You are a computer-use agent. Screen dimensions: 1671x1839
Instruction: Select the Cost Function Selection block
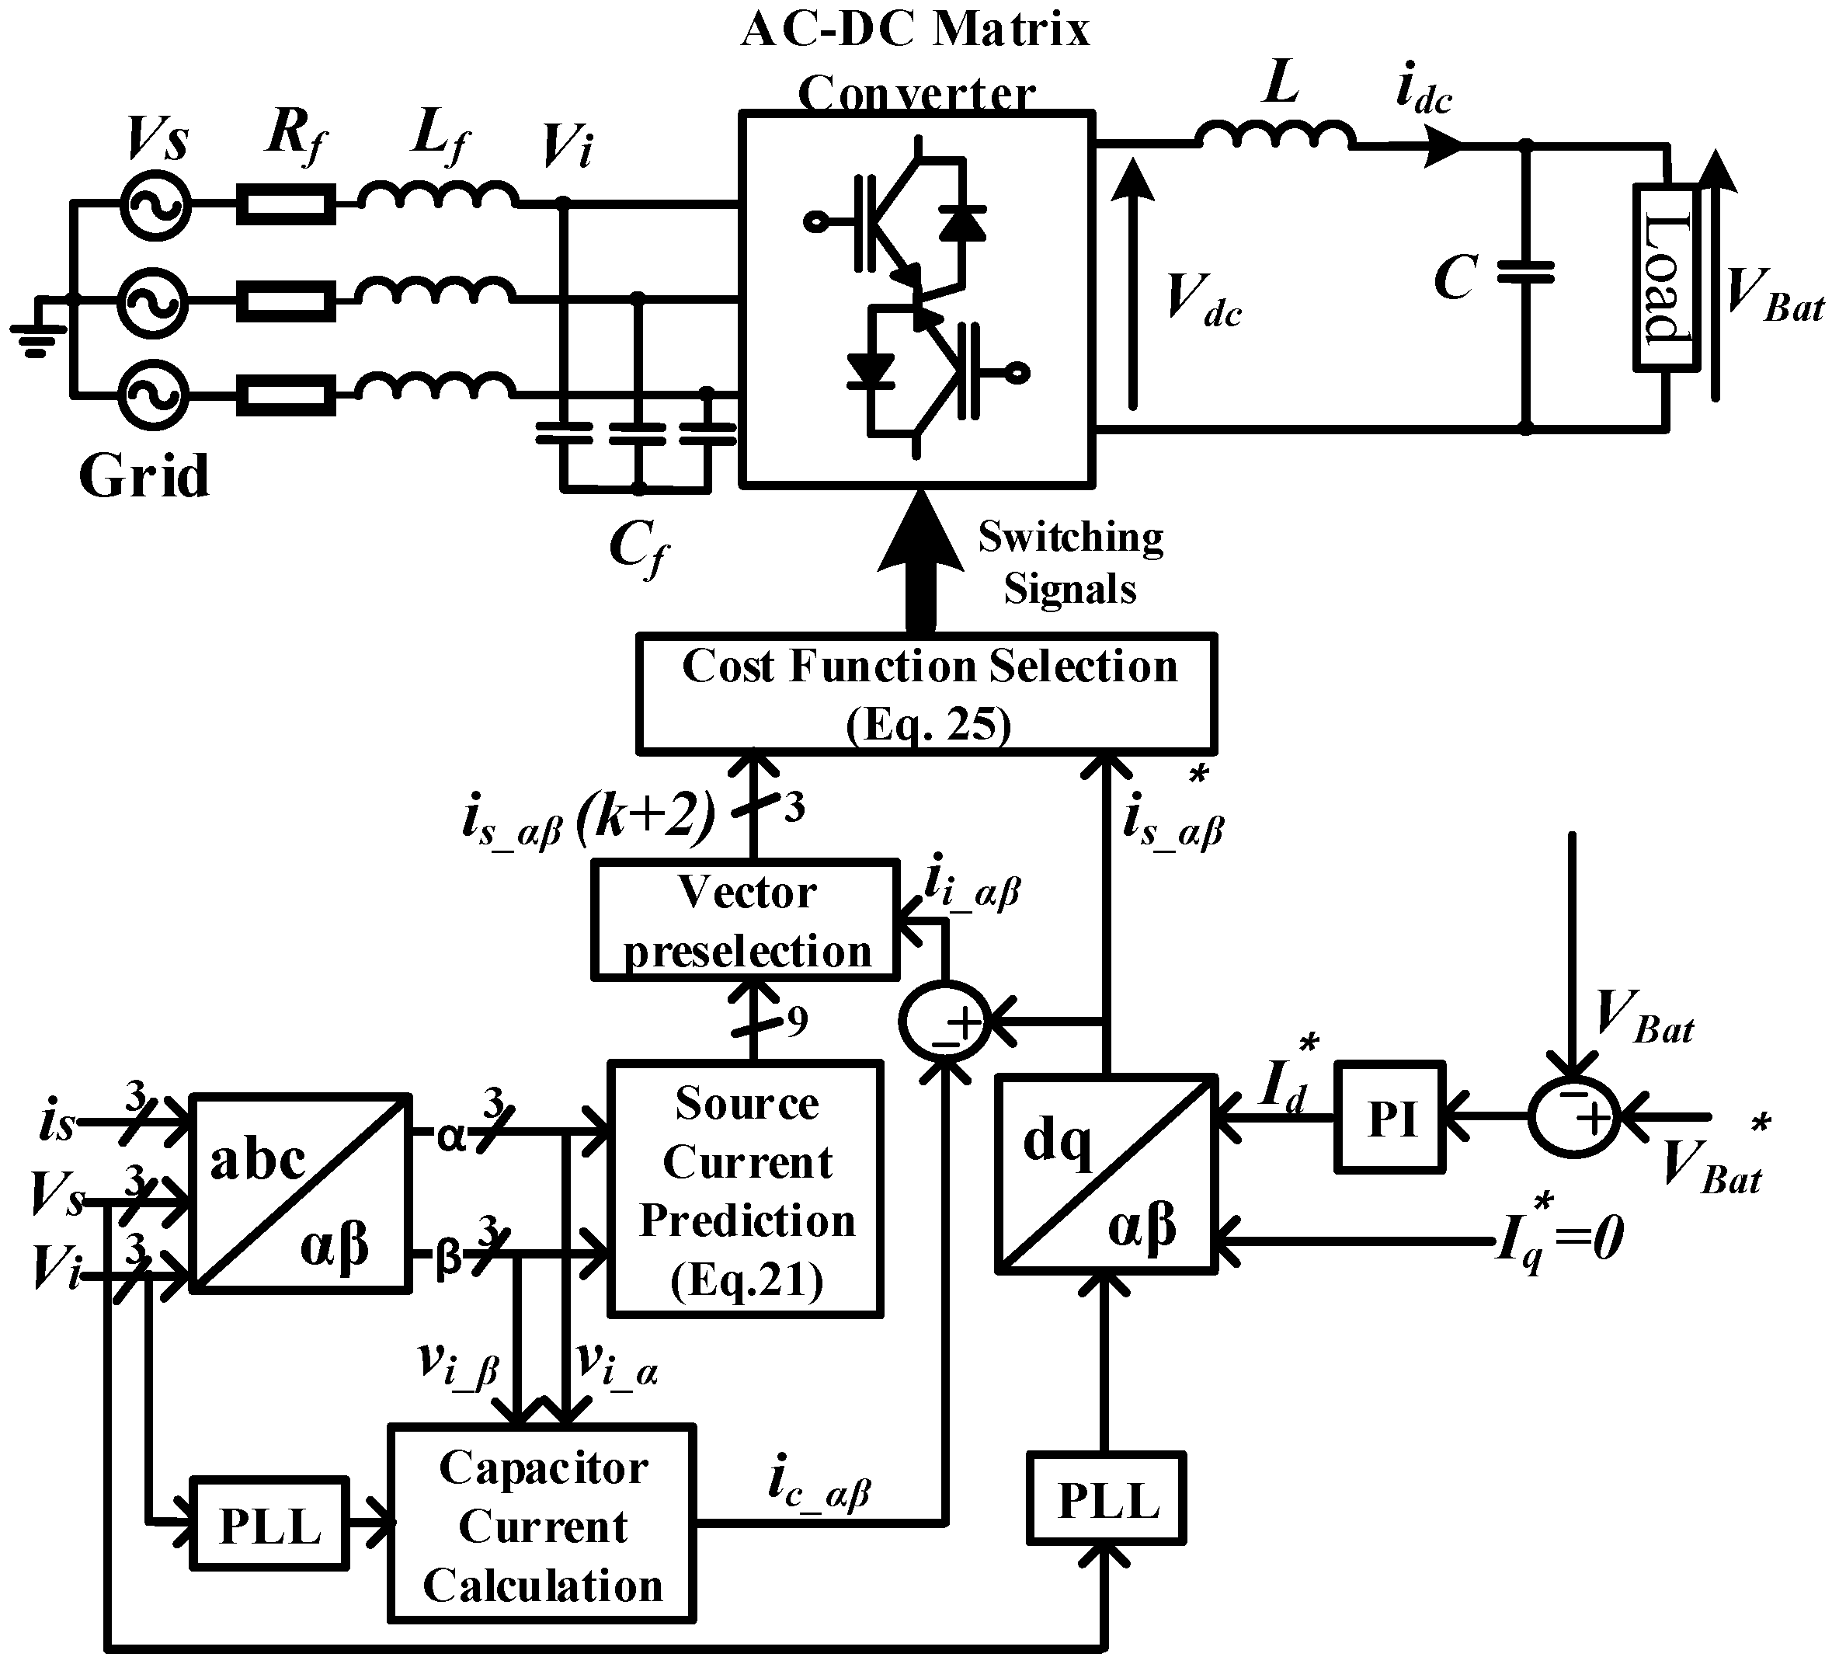pos(926,695)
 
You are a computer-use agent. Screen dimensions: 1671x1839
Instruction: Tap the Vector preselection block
pos(746,920)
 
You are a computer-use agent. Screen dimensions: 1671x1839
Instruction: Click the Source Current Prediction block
pos(746,1189)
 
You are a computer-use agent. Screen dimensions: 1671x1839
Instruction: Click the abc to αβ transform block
pos(299,1192)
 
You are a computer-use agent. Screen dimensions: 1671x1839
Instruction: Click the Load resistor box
pos(1666,278)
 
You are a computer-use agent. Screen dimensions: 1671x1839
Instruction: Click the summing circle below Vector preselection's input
pos(945,1022)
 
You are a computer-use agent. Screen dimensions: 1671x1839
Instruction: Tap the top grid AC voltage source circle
pos(155,205)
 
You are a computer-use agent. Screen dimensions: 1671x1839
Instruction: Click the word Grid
pos(144,476)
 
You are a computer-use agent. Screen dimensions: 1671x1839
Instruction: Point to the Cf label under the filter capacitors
pos(638,550)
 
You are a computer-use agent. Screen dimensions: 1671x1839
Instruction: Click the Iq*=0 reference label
pos(1561,1239)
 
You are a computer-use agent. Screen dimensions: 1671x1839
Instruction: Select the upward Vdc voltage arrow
pos(1133,283)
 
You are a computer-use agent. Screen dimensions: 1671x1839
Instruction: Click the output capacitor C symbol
pos(1525,273)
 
